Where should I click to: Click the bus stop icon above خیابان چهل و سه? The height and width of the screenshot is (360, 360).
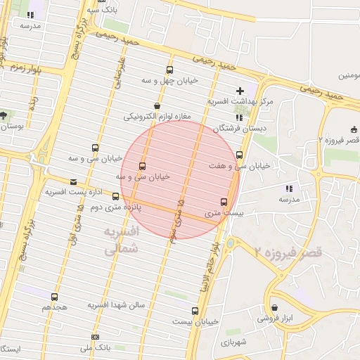tap(169, 70)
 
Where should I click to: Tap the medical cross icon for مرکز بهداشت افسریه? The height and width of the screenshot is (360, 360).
tap(240, 91)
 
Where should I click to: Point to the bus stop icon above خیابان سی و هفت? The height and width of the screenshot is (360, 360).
tap(240, 155)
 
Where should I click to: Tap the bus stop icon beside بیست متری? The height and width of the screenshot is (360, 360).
tap(224, 202)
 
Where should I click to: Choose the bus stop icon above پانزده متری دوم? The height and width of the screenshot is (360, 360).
tap(115, 197)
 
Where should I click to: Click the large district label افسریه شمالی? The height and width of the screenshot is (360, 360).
tap(121, 240)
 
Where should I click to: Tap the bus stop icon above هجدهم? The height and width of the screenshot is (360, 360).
tap(55, 297)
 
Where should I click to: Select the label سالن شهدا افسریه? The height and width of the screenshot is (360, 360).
tap(116, 305)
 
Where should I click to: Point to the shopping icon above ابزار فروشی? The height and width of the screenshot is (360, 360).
tap(275, 307)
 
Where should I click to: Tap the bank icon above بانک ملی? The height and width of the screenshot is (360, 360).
tap(96, 337)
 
